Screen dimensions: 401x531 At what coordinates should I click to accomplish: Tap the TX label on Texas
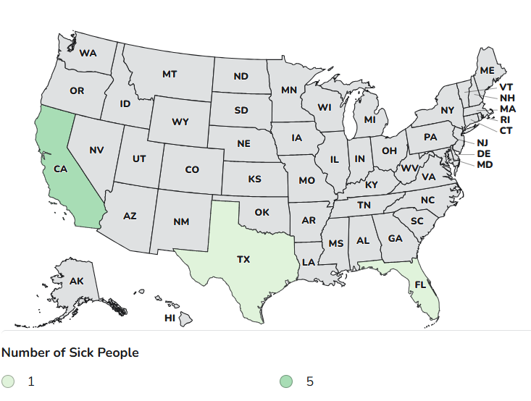[243, 258]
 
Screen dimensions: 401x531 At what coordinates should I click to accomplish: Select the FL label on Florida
[419, 284]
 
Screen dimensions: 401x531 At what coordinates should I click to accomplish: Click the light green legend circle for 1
[8, 381]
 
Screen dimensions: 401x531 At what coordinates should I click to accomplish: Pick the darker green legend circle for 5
[288, 381]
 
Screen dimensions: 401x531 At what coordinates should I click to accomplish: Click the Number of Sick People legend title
[70, 353]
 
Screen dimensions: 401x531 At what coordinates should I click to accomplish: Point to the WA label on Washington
[88, 53]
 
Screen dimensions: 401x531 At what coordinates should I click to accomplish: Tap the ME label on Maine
[488, 70]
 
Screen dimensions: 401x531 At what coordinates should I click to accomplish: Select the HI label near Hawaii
[170, 318]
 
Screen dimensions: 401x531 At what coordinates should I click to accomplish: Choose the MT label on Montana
[170, 74]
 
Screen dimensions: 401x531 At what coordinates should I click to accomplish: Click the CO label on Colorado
[192, 169]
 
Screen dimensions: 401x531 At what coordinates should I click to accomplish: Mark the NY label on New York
[447, 110]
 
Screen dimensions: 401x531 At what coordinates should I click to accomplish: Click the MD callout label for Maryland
[485, 164]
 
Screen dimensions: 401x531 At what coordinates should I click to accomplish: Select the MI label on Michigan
[370, 119]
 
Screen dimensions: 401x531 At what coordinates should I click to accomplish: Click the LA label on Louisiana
[308, 261]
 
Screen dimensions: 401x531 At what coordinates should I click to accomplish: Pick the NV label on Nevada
[96, 150]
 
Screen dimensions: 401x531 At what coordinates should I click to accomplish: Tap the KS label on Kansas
[255, 179]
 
